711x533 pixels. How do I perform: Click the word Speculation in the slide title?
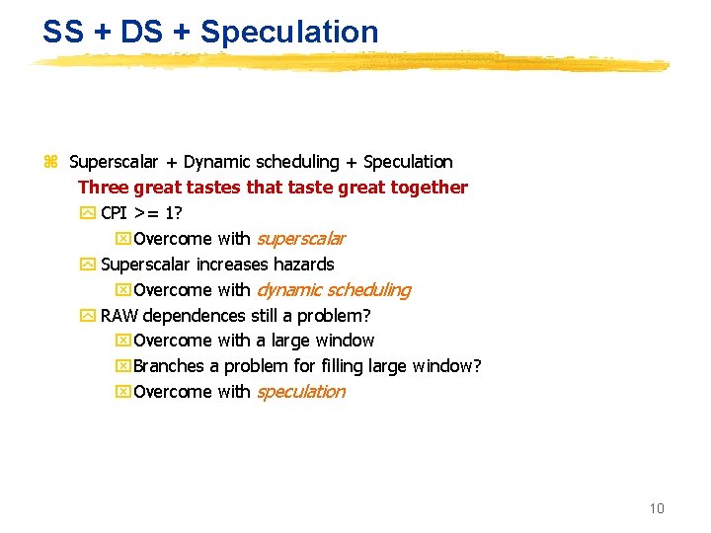coord(289,32)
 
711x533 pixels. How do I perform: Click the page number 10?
coord(657,508)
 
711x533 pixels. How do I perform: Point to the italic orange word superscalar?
coord(300,239)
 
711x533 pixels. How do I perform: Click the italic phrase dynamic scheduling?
coord(333,290)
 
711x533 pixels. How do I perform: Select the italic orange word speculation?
coord(300,392)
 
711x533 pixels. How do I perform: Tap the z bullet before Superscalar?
coord(50,162)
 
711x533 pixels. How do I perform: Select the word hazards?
coord(305,265)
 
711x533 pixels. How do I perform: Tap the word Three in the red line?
coord(102,188)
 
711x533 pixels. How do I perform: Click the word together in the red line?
coord(430,188)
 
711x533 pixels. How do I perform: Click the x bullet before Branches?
coord(122,366)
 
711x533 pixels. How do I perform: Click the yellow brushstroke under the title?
coord(346,62)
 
